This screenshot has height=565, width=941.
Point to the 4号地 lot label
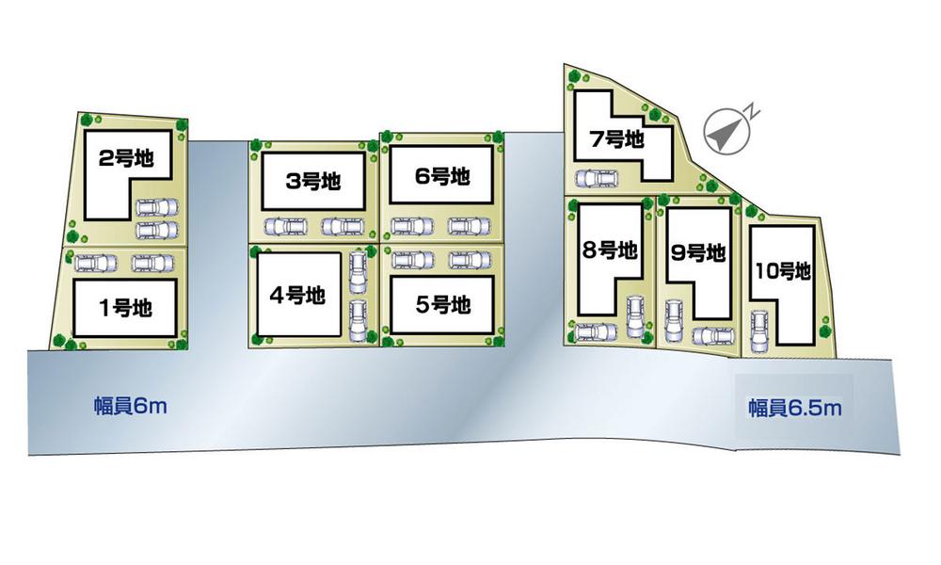pos(296,295)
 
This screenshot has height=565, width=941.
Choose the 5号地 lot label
pos(442,305)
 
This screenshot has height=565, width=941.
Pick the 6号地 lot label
pos(441,175)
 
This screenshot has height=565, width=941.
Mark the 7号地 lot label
pos(616,139)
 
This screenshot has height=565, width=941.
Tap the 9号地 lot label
pos(698,253)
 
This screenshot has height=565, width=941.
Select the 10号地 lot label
pos(782,272)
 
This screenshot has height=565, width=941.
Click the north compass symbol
pos(726,131)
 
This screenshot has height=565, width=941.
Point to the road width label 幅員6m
pos(130,407)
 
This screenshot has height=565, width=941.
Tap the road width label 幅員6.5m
pos(794,408)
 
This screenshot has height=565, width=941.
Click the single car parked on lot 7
pos(598,177)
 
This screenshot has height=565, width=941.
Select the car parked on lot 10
pos(759,330)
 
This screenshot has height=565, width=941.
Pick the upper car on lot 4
pos(357,272)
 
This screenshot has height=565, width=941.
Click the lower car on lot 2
pos(155,230)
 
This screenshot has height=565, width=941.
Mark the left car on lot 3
pos(287,226)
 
